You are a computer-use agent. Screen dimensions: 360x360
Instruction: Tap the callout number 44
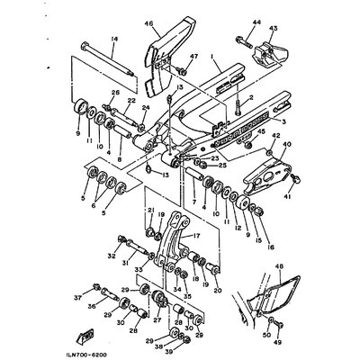[256, 21]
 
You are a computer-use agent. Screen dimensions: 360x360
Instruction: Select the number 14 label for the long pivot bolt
[114, 38]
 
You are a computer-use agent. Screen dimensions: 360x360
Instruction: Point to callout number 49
[277, 341]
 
